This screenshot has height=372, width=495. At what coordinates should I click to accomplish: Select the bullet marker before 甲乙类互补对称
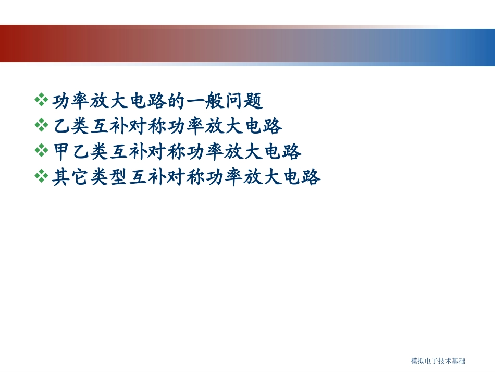pyautogui.click(x=41, y=151)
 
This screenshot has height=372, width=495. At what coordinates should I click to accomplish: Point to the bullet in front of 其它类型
pyautogui.click(x=41, y=177)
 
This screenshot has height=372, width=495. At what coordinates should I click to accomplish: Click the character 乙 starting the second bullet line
pyautogui.click(x=61, y=125)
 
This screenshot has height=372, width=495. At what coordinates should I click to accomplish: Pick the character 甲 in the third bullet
pyautogui.click(x=61, y=151)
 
